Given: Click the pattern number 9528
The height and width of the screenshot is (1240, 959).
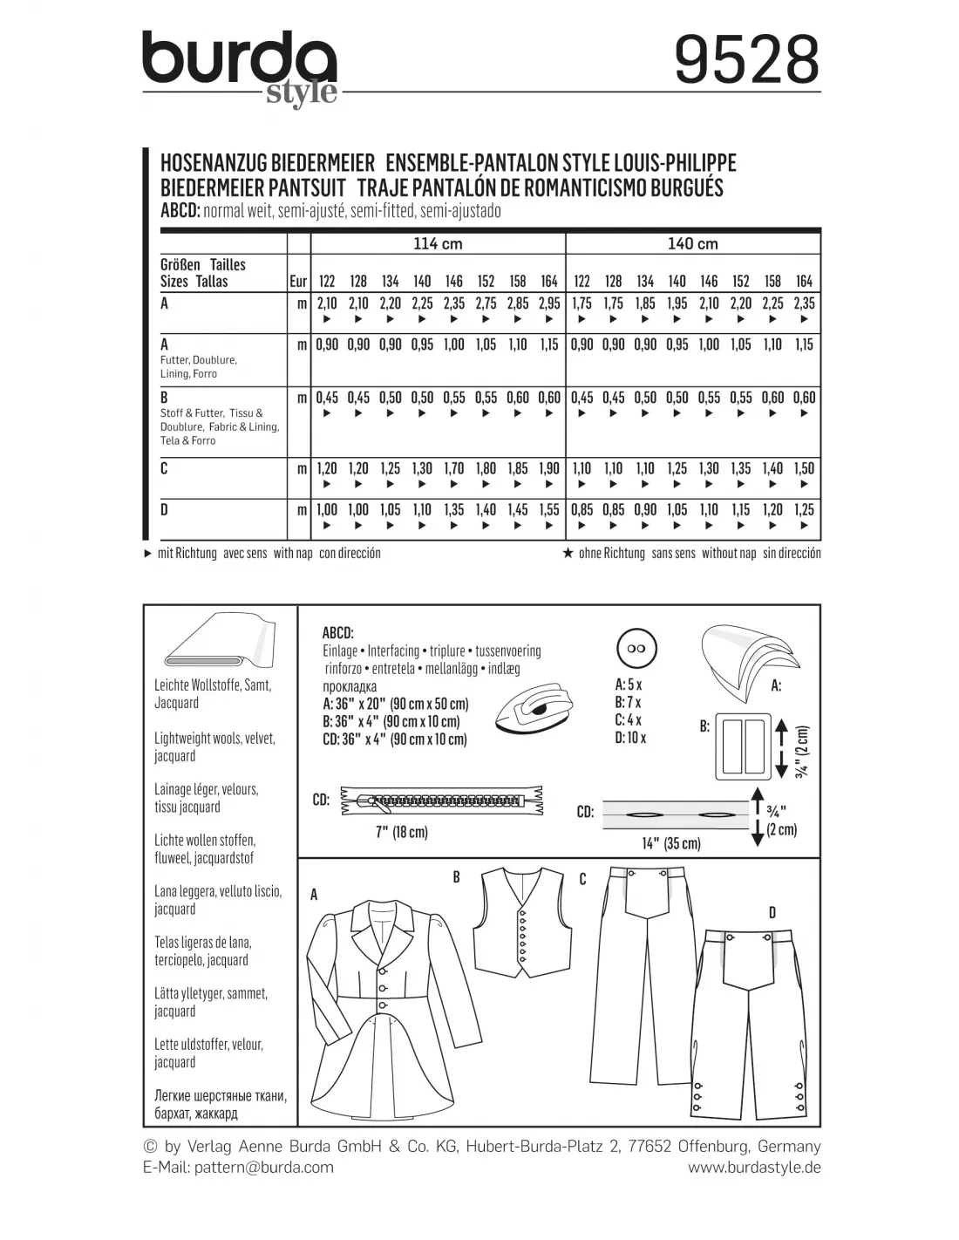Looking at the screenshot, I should coord(747,59).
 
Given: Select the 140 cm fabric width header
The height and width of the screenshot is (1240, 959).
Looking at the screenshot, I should coord(692,244).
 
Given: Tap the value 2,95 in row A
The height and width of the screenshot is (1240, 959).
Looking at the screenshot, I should coord(549,303).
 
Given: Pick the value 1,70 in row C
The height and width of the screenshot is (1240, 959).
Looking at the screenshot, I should coord(453,468).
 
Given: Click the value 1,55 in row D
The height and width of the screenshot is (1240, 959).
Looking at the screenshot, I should coord(549,510).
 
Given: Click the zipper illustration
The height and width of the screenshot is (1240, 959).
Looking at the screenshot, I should coord(434,801).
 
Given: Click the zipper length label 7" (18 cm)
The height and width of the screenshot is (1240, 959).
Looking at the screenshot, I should coord(401,832).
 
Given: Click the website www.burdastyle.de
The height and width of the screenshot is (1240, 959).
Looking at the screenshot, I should coord(754,1168).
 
